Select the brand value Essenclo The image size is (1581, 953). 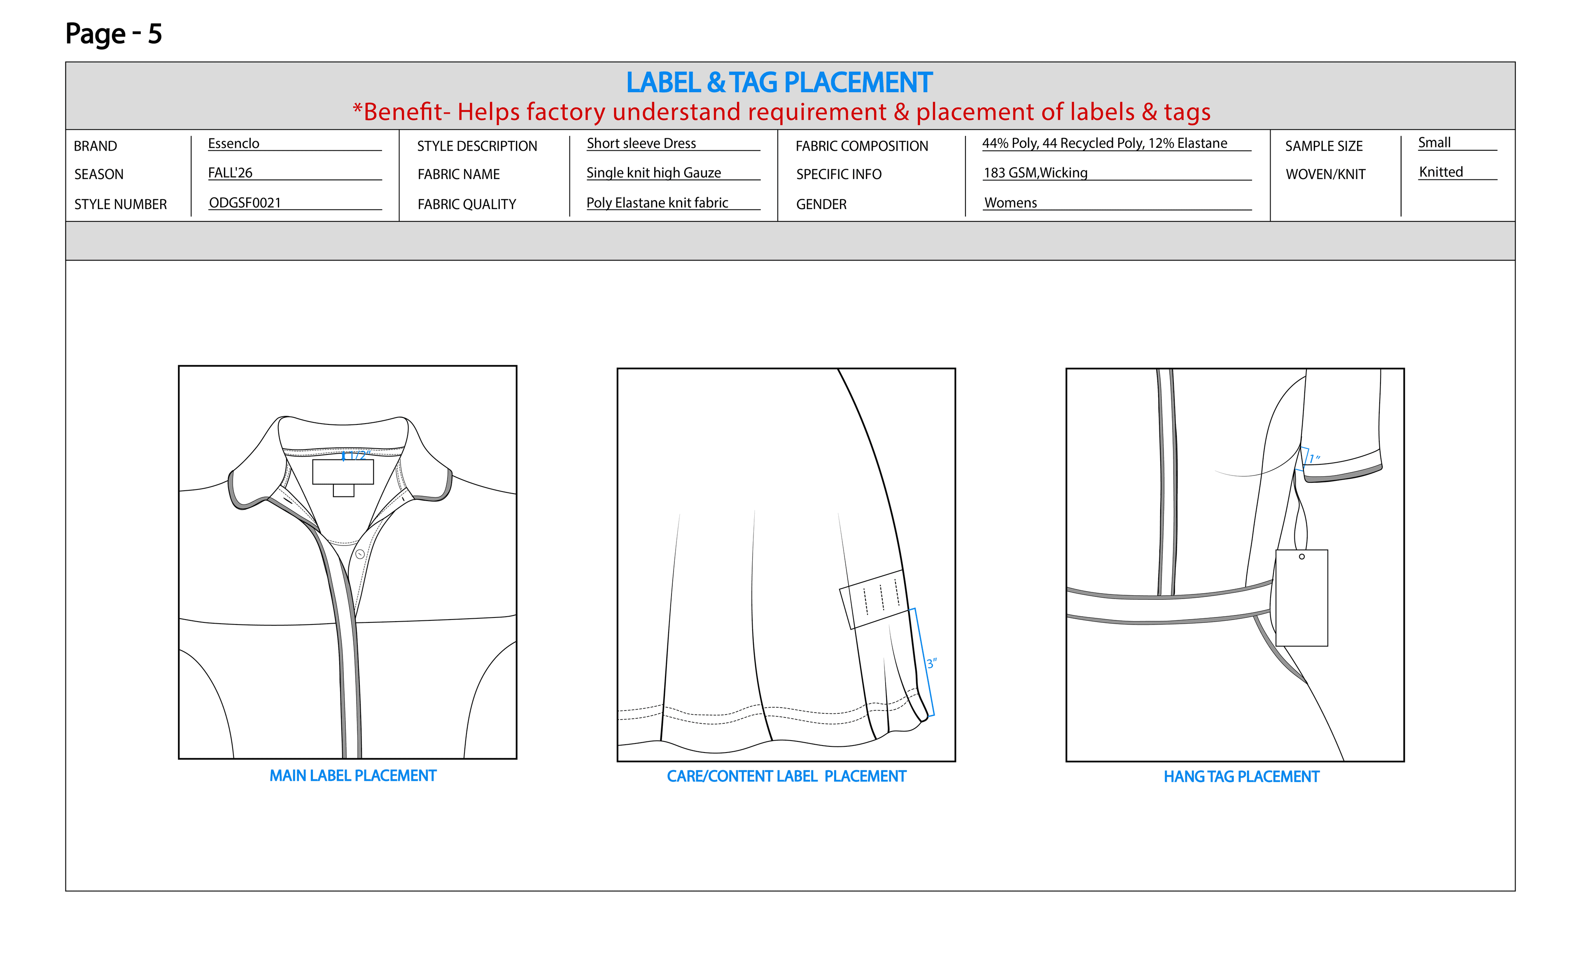[x=233, y=144]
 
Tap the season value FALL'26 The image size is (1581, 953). [x=230, y=173]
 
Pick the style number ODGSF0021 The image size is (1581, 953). [x=245, y=203]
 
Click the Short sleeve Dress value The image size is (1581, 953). [x=641, y=144]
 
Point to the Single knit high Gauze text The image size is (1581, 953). [x=653, y=173]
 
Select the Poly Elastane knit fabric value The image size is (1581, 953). [x=657, y=203]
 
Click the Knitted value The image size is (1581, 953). [x=1441, y=172]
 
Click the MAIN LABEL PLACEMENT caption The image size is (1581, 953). [x=352, y=776]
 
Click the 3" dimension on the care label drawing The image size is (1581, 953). [x=931, y=664]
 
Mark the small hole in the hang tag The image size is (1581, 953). [x=1302, y=557]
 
